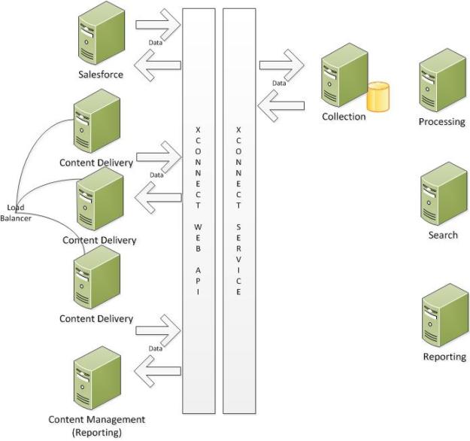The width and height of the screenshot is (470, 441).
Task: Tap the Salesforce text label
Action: click(x=101, y=74)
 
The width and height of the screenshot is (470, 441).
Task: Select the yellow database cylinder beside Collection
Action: click(x=379, y=97)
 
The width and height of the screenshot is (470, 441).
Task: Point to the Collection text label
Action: click(x=344, y=117)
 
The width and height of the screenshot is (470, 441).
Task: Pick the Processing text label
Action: click(x=443, y=122)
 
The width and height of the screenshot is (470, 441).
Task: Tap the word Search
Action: click(x=443, y=235)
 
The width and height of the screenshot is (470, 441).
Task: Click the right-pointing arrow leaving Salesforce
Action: click(x=159, y=24)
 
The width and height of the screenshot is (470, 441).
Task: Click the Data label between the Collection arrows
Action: click(x=279, y=83)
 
